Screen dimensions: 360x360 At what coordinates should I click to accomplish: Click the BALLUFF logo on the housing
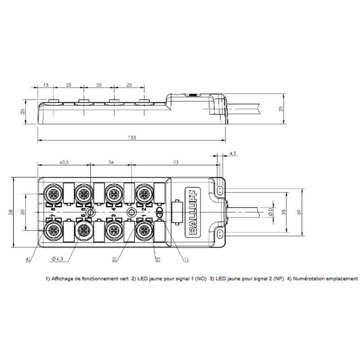coord(193,212)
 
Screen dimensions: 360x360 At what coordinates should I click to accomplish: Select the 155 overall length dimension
coord(132,138)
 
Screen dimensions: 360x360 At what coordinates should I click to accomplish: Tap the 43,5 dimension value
coord(64,162)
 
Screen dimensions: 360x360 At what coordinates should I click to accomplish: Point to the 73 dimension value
coord(175,162)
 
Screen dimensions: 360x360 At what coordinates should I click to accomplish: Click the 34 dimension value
coord(111,162)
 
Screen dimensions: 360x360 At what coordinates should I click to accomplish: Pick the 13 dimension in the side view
coord(46,85)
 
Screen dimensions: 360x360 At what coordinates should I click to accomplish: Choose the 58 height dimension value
coord(10,212)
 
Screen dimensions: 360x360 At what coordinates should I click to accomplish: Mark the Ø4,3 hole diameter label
coord(58,259)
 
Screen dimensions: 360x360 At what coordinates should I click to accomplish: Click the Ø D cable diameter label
coord(270,211)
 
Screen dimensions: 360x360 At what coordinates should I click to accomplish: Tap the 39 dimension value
coord(299,212)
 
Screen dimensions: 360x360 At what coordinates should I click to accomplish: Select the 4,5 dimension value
coord(233,153)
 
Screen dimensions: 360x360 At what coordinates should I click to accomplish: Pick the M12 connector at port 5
coord(83,230)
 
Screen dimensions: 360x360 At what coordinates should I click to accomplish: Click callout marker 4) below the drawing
coord(28,260)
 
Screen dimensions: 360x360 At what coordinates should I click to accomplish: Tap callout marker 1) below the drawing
coord(186,260)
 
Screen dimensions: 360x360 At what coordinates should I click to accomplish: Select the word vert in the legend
coord(124,279)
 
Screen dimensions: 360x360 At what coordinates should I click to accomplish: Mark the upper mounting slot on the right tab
coord(220,190)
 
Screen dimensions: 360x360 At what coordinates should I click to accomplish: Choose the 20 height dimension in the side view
coord(22,112)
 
